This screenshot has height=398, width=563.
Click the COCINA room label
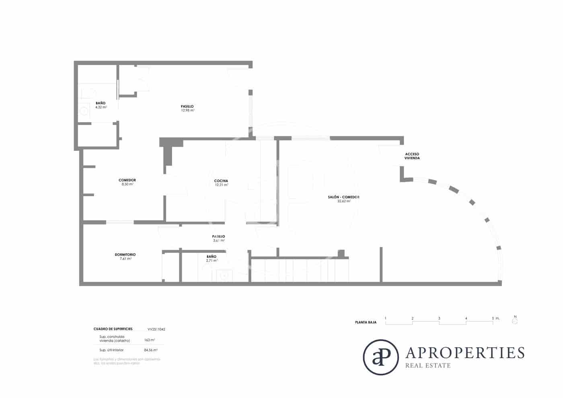pos(221,181)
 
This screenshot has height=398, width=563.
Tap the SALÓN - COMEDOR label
pos(343,197)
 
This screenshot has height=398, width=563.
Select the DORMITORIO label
pos(125,254)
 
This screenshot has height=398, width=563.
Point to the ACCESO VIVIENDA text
pos(412,156)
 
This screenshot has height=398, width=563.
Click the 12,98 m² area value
pos(187,110)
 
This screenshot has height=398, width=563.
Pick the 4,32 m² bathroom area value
pos(101,107)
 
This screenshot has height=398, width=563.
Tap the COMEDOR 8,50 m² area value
pos(127,184)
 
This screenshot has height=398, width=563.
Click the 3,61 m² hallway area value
pos(218,240)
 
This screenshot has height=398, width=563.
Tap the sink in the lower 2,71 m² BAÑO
pos(224,275)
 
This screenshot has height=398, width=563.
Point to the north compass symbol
pos(515,321)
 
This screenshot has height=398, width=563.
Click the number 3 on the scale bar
pos(439,318)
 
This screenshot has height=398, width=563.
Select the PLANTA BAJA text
pos(366,322)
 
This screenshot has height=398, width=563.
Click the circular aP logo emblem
pos(380,357)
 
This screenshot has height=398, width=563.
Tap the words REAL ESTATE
pos(428,365)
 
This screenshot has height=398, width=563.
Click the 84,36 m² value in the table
pos(150,350)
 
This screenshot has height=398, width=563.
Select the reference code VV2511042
pos(156,329)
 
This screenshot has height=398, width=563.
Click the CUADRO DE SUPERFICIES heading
pos(113,329)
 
